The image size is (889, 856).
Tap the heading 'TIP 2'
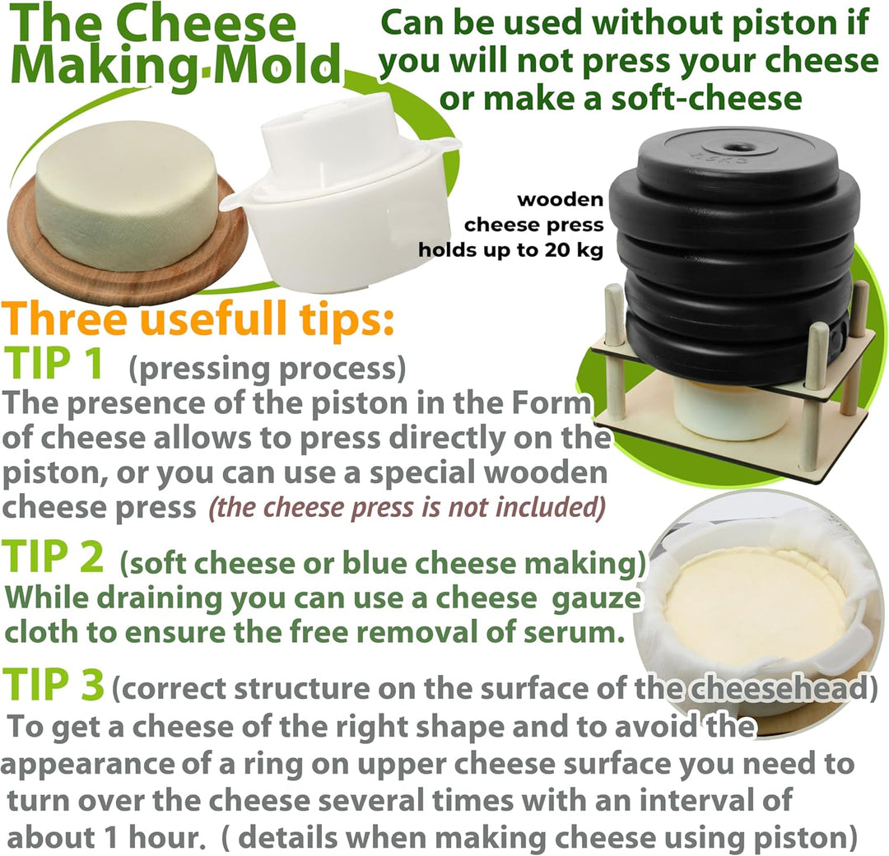tap(54, 556)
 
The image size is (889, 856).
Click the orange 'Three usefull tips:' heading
tap(198, 319)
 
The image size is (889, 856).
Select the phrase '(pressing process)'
tap(268, 369)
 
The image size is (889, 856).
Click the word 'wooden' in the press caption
tap(561, 199)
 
